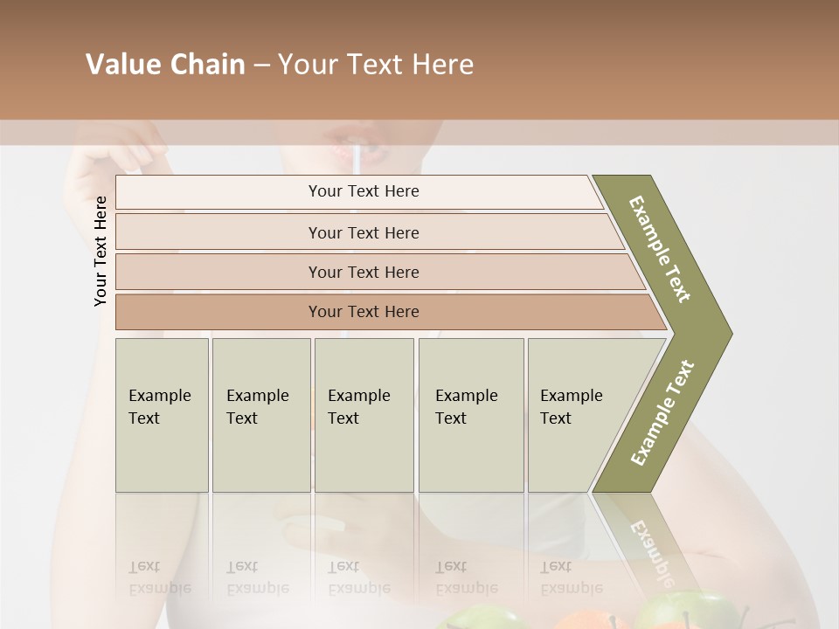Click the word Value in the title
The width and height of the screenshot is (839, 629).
[x=122, y=65]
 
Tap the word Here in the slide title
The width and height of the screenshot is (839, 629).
[x=442, y=65]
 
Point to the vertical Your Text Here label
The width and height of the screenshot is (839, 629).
[x=101, y=251]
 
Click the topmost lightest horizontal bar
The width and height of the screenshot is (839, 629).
[x=363, y=191]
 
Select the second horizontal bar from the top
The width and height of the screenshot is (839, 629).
[x=363, y=232]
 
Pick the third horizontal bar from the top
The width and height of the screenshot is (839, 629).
[x=363, y=272]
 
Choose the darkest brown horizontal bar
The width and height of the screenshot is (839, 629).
[x=363, y=312]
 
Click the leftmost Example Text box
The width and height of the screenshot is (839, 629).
[x=162, y=414]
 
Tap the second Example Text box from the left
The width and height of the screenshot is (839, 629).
[x=260, y=414]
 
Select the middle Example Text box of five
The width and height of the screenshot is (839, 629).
[x=364, y=414]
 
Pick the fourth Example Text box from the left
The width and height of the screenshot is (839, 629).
[x=470, y=414]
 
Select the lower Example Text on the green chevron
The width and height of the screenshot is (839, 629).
[x=662, y=413]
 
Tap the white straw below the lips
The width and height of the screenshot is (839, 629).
[x=357, y=162]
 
